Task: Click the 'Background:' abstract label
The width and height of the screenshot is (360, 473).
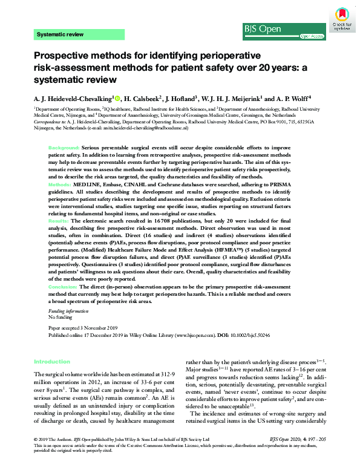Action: click(x=64, y=148)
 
